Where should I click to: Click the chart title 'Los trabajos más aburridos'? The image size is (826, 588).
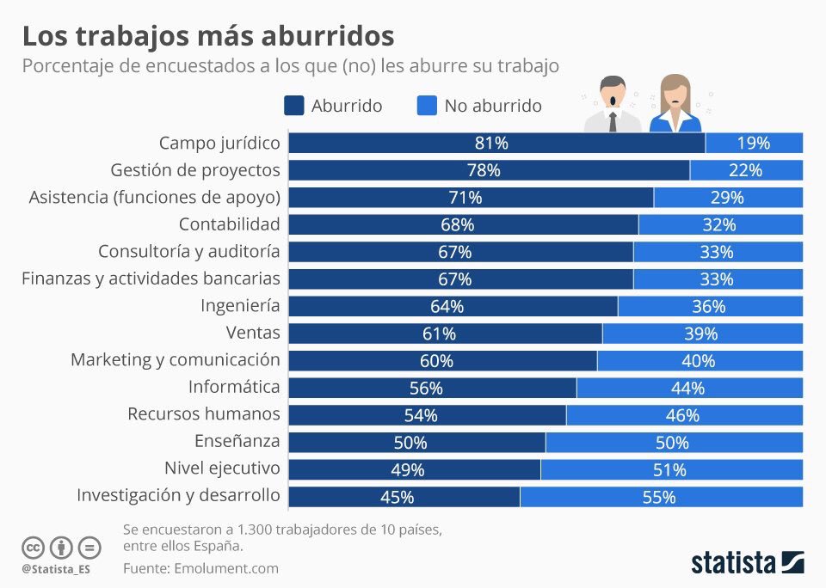[x=207, y=35]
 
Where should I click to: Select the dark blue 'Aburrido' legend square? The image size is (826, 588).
[x=293, y=106]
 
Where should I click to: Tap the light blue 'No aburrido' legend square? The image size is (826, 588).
[x=427, y=106]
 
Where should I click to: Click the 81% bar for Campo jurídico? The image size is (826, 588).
[x=496, y=143]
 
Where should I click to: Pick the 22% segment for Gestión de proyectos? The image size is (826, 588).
[x=746, y=170]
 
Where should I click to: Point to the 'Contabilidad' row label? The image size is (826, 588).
[x=229, y=224]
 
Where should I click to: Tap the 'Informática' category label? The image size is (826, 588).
[x=234, y=386]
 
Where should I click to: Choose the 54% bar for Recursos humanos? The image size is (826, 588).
[x=427, y=415]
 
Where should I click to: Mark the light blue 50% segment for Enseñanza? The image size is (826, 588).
[x=674, y=443]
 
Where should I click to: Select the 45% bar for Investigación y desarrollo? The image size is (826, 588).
[x=404, y=498]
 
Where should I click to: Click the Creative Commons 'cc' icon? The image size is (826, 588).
[x=33, y=547]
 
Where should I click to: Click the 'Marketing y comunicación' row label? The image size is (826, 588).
[x=176, y=359]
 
